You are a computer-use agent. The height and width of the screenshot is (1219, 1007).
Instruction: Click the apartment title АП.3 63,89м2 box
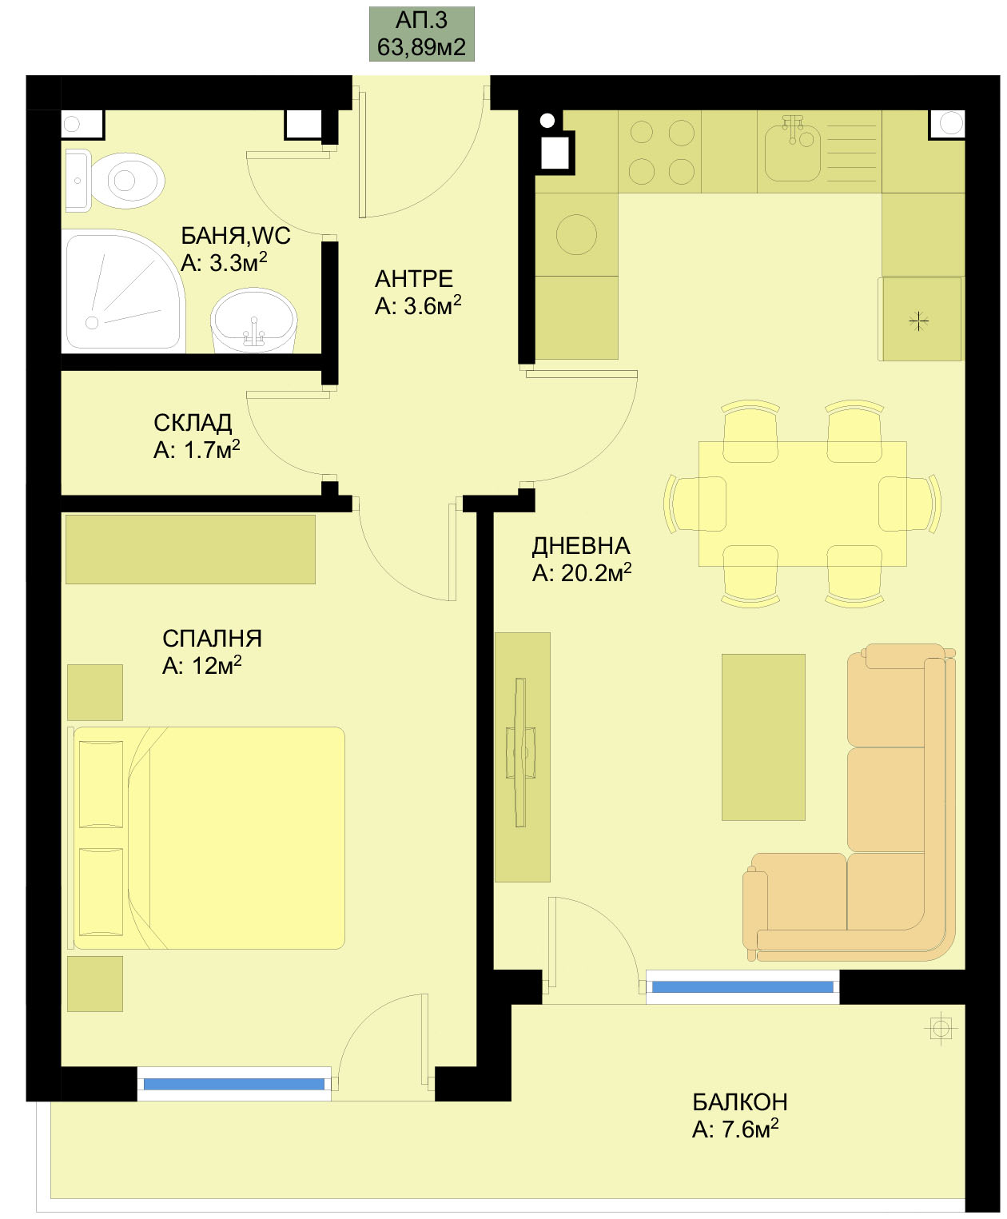point(421,34)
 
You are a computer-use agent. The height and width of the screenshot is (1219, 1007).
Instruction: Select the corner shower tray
point(124,291)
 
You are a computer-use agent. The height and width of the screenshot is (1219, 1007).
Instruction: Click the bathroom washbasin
point(254,321)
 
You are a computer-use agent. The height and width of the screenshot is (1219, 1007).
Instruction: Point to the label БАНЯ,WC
point(236,236)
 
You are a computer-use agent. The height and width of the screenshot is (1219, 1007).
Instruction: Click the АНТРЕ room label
point(414,279)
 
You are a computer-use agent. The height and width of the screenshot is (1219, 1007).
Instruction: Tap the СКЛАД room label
point(193,423)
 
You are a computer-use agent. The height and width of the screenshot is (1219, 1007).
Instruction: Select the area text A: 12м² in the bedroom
point(202,665)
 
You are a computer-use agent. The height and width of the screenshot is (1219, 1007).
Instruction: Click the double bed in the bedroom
point(207,838)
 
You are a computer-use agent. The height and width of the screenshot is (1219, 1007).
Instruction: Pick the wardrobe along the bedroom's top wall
point(190,549)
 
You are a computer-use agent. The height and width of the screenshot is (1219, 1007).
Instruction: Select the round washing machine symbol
point(577,235)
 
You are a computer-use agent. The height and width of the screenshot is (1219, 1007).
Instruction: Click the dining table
point(802,504)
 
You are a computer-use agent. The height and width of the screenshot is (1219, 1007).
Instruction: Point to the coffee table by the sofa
point(763,737)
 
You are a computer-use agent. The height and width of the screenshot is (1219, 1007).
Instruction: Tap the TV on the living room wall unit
point(521,752)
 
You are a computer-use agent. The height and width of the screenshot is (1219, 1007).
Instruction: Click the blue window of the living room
point(742,986)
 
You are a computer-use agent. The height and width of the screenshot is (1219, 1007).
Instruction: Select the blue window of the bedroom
point(234,1084)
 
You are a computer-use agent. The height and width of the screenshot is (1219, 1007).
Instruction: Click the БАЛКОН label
point(739,1102)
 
